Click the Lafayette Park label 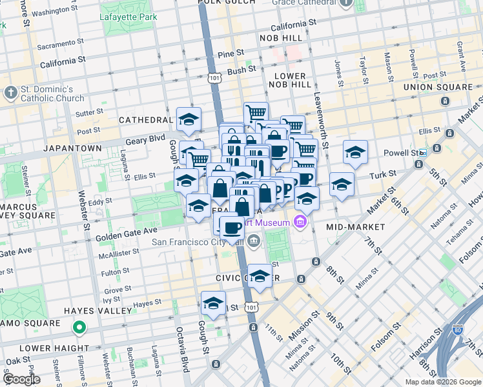128,16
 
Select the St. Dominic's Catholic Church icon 10,93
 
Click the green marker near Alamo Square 79,328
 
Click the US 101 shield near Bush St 214,77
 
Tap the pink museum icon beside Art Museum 299,223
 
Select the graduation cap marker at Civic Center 260,276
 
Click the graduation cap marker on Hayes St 213,302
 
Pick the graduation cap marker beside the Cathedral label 189,119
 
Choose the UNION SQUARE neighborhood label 437,87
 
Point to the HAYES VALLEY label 98,311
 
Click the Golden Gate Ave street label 127,230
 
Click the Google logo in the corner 22,379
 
